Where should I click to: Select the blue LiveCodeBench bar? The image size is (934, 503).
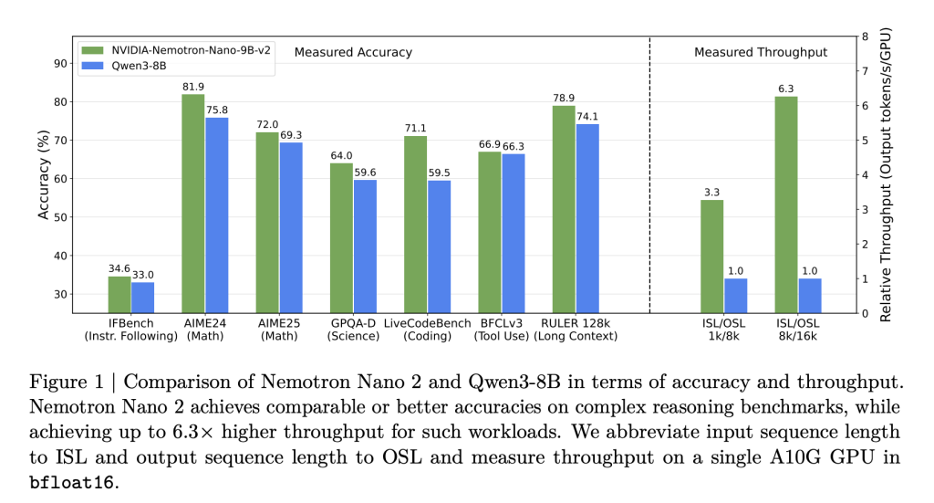[439, 246]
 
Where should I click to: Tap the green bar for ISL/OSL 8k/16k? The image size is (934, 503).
[786, 204]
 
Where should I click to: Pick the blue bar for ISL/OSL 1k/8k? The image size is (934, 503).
[735, 296]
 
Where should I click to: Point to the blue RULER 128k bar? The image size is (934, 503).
[587, 219]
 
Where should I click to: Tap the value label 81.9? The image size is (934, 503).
[192, 88]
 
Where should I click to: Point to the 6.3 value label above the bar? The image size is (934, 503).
[786, 89]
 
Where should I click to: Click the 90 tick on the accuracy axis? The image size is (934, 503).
[61, 64]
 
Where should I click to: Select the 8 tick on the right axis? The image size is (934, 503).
[851, 37]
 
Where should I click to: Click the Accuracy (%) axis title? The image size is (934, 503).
[43, 174]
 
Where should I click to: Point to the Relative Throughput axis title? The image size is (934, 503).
[885, 175]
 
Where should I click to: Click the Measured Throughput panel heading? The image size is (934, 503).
[761, 52]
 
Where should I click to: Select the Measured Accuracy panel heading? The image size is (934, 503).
[353, 52]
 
